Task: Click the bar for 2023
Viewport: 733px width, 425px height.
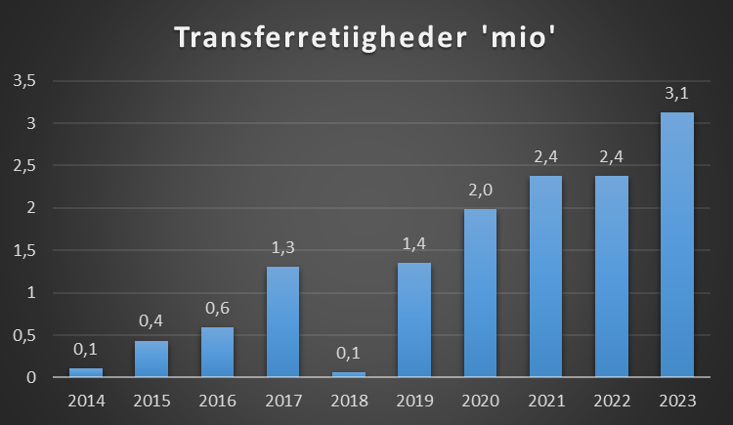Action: click(x=676, y=244)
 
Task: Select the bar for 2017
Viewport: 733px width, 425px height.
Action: click(x=282, y=321)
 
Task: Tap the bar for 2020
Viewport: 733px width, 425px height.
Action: click(x=479, y=293)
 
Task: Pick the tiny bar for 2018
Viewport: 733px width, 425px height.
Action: click(x=348, y=374)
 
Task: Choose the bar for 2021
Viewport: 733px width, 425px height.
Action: click(x=545, y=276)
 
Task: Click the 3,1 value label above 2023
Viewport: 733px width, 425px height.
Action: click(x=676, y=95)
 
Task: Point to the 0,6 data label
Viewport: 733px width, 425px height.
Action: click(x=217, y=309)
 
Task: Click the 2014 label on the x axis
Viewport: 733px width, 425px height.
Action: click(x=85, y=401)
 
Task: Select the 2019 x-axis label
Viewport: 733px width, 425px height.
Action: click(x=413, y=401)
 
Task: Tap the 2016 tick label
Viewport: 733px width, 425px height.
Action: click(x=217, y=401)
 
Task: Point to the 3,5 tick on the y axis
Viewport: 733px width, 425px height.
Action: click(x=24, y=81)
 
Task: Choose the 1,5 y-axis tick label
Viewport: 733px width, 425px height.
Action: click(x=24, y=250)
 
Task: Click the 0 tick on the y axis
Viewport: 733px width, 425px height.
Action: click(x=32, y=377)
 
